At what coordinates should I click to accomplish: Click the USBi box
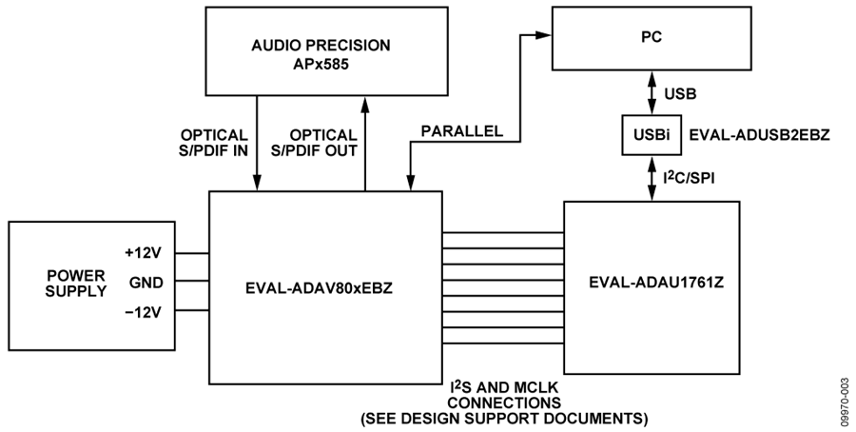click(x=652, y=135)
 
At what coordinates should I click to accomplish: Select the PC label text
click(x=652, y=37)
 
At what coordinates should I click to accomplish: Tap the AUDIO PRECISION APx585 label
click(x=321, y=54)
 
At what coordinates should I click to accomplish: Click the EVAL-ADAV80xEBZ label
click(x=320, y=287)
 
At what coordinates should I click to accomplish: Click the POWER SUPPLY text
click(x=76, y=283)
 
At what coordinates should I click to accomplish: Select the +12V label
click(x=144, y=253)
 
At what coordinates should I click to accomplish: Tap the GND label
click(x=146, y=283)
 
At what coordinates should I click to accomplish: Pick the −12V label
click(x=144, y=312)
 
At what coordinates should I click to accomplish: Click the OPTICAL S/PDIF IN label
click(x=215, y=143)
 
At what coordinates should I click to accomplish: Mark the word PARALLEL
click(x=462, y=131)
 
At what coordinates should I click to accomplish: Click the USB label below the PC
click(x=680, y=94)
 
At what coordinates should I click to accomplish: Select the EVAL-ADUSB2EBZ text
click(x=760, y=135)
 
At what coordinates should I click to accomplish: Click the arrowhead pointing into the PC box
click(x=544, y=35)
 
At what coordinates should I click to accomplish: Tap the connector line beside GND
click(x=192, y=283)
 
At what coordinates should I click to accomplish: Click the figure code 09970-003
click(x=846, y=403)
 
